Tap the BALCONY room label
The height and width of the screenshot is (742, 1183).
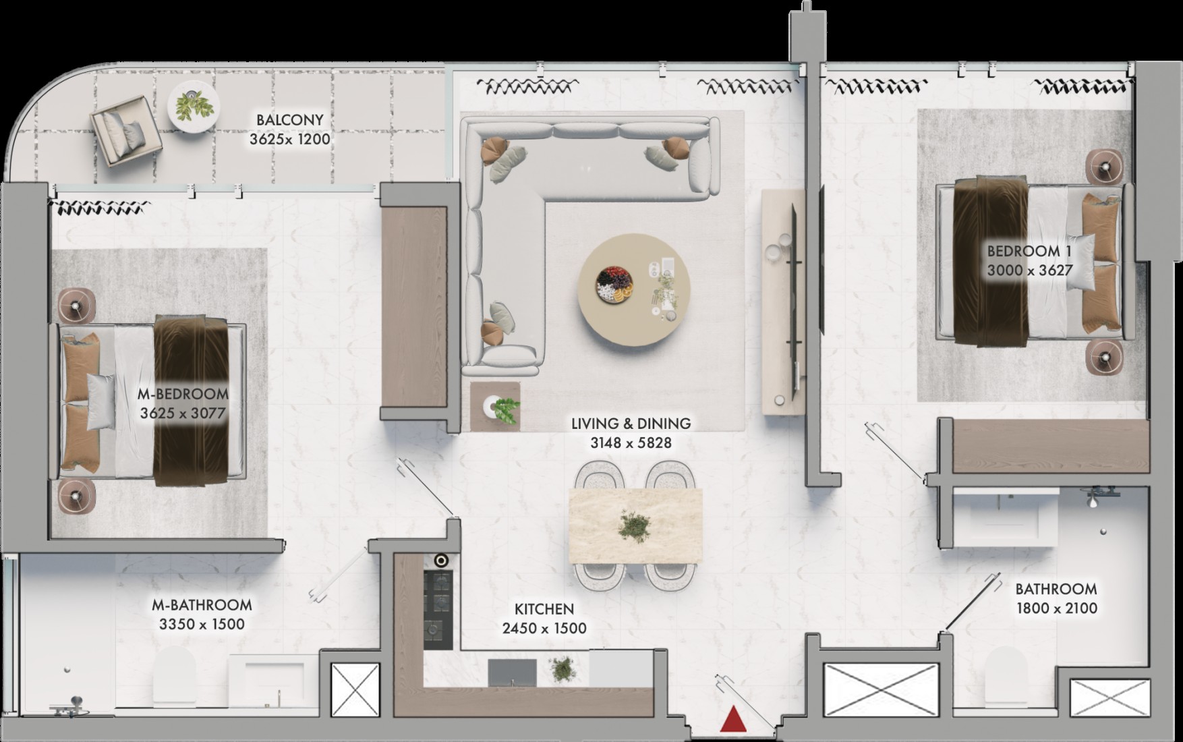290,120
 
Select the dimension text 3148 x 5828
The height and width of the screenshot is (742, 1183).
631,443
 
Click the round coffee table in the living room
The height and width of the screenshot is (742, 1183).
634,289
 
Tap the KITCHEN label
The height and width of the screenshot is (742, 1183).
544,609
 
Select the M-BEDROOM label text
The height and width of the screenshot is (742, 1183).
183,394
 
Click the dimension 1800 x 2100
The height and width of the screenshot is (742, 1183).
1057,608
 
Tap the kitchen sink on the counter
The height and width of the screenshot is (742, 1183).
512,672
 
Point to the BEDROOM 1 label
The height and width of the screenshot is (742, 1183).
1029,251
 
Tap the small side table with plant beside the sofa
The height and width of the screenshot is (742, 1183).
495,406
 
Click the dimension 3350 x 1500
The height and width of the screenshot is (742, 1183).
202,625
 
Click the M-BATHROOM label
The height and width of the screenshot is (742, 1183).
202,605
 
